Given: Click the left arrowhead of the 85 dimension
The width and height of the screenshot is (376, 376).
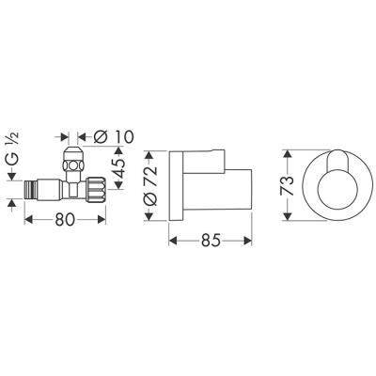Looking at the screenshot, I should click(x=173, y=241).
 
